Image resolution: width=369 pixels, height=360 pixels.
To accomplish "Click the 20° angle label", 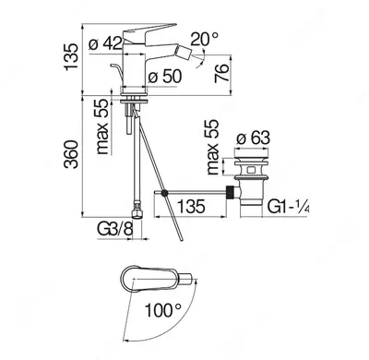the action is [204, 40].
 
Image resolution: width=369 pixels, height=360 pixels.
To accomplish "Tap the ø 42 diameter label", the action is [105, 43].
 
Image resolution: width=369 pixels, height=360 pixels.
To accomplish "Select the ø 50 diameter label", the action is [165, 76].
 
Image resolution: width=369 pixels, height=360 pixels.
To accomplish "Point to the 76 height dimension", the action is [222, 73].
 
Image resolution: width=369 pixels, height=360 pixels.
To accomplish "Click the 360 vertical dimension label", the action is [71, 154].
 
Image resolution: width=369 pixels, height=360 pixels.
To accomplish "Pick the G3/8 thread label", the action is [115, 229].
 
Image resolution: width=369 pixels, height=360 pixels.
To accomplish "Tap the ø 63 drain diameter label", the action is [253, 138].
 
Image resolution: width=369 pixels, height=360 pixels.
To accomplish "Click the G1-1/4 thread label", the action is [288, 206].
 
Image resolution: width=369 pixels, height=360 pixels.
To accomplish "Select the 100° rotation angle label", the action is [163, 310].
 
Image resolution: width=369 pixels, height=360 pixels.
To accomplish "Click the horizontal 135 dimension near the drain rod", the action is [191, 206].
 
